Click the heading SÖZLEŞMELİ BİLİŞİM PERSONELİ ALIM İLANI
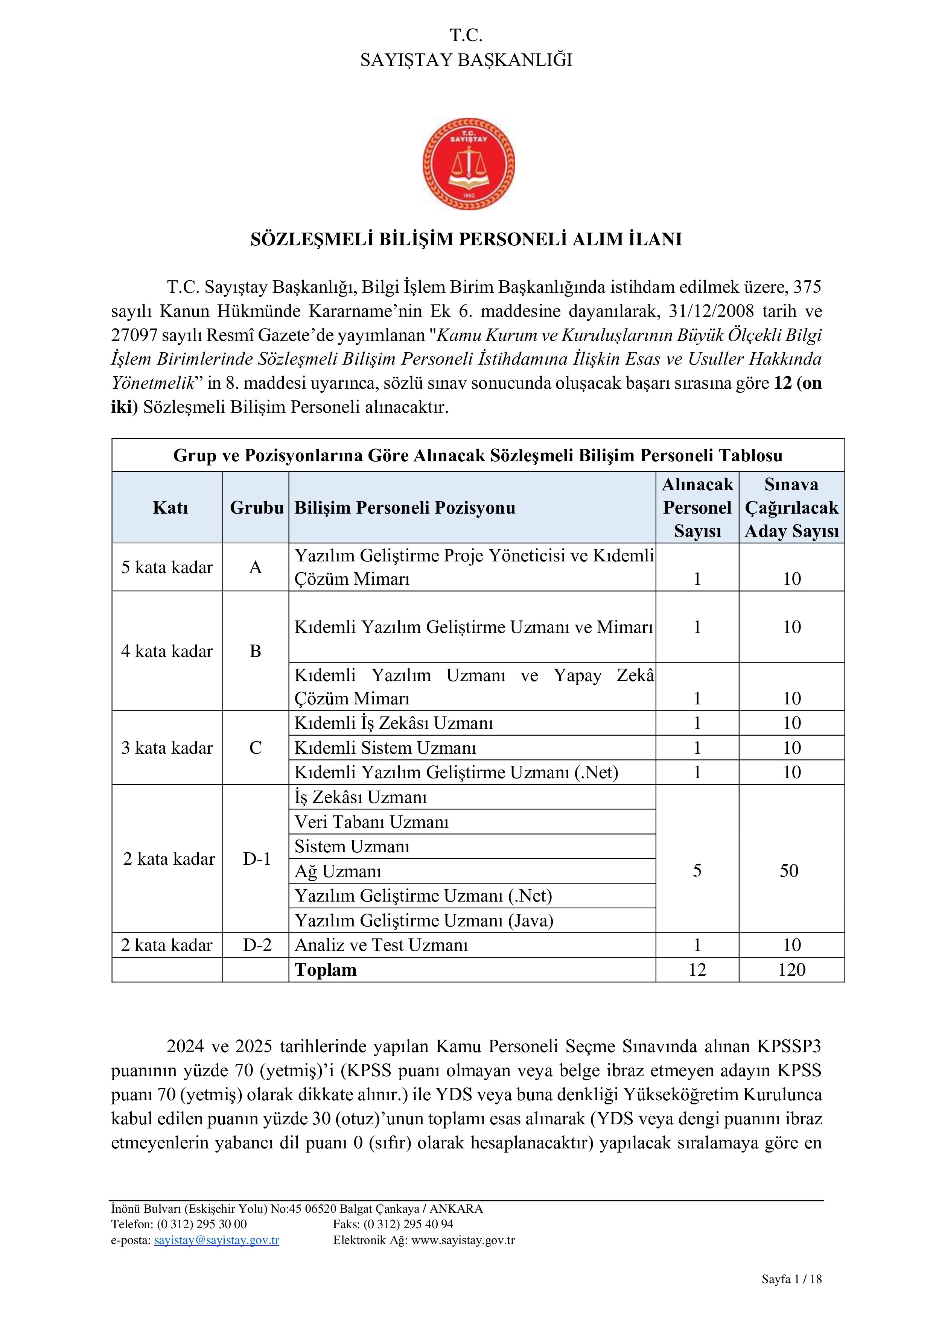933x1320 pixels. point(466,239)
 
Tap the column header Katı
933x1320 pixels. point(170,508)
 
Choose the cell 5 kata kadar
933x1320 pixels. point(167,567)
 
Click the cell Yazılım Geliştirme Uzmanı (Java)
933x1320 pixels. point(424,920)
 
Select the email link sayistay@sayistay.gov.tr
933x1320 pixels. point(217,1240)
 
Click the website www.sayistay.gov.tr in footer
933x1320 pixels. point(463,1240)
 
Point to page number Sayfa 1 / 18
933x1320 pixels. point(791,1279)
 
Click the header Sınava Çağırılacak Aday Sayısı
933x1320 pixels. point(791,508)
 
